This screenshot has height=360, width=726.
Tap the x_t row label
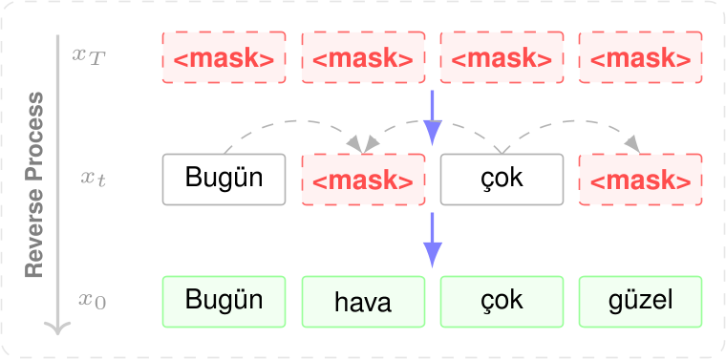pyautogui.click(x=93, y=178)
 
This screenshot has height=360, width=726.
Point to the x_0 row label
pyautogui.click(x=92, y=301)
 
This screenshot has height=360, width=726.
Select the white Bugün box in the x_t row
pyautogui.click(x=224, y=179)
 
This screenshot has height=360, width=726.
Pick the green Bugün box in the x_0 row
pyautogui.click(x=224, y=301)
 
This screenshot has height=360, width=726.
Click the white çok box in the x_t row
pyautogui.click(x=502, y=179)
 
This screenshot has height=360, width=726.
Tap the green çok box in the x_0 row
pyautogui.click(x=502, y=301)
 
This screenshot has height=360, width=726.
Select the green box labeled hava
pyautogui.click(x=363, y=302)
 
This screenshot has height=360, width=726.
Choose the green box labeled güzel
pyautogui.click(x=640, y=302)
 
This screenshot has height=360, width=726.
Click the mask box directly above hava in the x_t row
pyautogui.click(x=363, y=180)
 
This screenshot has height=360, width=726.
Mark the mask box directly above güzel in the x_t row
pyautogui.click(x=640, y=180)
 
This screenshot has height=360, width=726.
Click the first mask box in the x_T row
pyautogui.click(x=224, y=57)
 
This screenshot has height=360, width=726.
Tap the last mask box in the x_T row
pyautogui.click(x=640, y=57)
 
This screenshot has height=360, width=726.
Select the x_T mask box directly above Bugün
pyautogui.click(x=224, y=57)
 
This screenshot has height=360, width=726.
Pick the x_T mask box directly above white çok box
pyautogui.click(x=502, y=57)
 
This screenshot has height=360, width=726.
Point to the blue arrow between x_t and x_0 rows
pyautogui.click(x=433, y=239)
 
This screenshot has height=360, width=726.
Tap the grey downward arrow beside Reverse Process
pyautogui.click(x=58, y=191)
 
